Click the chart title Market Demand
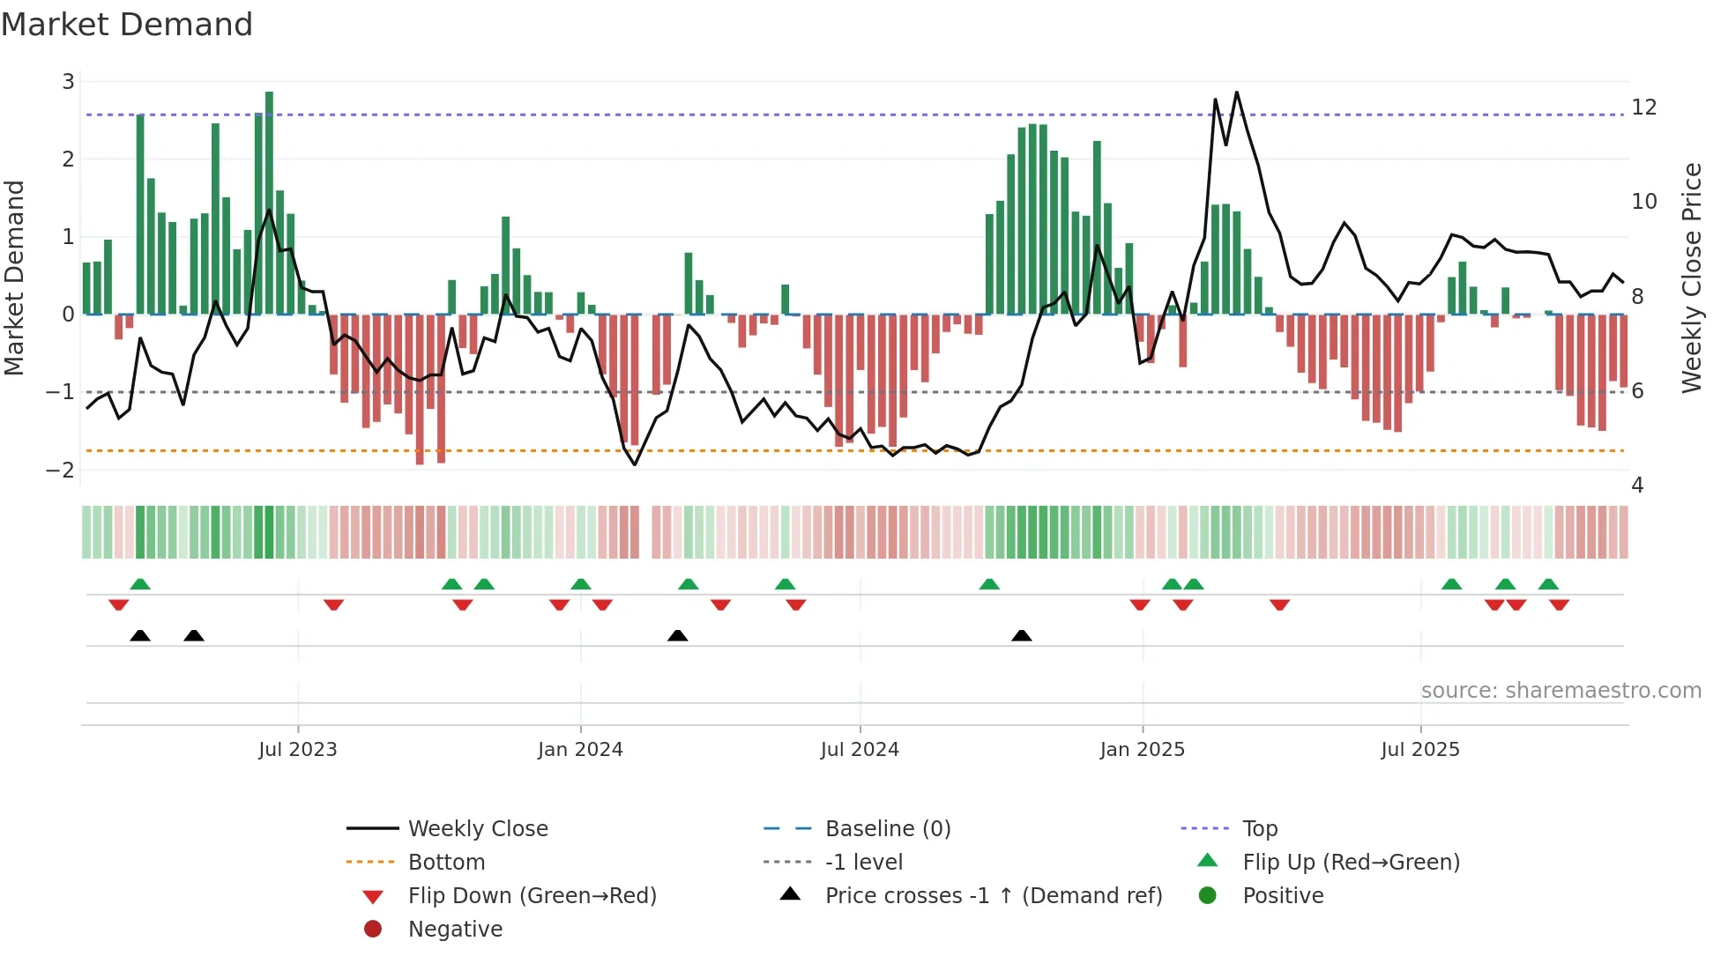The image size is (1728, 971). (x=127, y=25)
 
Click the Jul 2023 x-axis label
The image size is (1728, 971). (x=298, y=750)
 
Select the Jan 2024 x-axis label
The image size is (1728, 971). (x=580, y=750)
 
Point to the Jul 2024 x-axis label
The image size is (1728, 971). (x=860, y=750)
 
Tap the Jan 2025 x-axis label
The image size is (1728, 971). (x=1143, y=750)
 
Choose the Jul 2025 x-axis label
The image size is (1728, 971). (x=1420, y=750)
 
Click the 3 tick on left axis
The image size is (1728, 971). (x=68, y=82)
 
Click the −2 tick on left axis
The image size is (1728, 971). (x=60, y=470)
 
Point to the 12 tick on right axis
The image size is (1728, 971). (x=1644, y=107)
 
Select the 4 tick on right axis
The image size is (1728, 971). (x=1637, y=485)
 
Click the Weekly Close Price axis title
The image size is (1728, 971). (x=1691, y=278)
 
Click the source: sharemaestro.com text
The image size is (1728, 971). (x=1560, y=691)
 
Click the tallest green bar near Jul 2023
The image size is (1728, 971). (x=269, y=203)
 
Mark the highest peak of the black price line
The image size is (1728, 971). (x=1237, y=92)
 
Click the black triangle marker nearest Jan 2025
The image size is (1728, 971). (x=1021, y=635)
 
